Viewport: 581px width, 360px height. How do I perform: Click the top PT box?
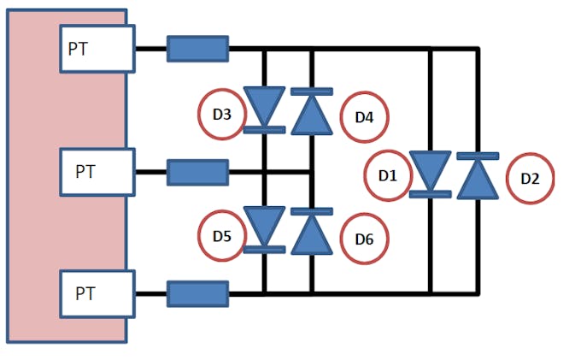click(96, 48)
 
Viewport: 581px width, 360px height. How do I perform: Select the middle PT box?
click(96, 171)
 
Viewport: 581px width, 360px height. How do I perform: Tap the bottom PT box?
click(96, 293)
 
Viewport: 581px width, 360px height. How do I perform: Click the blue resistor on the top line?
click(197, 49)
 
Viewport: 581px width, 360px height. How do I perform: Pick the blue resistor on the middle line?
click(197, 172)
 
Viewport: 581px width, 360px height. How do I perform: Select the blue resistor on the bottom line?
click(197, 294)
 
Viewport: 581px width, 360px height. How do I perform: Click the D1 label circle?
click(387, 175)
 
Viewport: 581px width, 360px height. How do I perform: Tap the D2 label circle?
click(530, 179)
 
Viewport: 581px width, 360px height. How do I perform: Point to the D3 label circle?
click(221, 113)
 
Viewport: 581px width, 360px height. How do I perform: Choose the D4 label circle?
click(365, 115)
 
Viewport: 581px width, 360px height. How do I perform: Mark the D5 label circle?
click(221, 232)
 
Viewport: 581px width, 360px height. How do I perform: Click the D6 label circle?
click(364, 238)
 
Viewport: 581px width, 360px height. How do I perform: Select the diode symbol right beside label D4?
click(311, 111)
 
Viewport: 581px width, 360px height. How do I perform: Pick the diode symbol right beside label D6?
click(311, 232)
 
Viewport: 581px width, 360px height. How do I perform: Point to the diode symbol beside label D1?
click(430, 175)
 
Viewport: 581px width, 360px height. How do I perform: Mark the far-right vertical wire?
click(477, 103)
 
